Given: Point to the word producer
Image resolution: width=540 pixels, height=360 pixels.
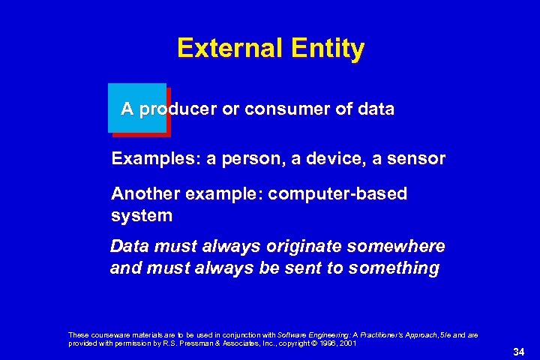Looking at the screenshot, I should (178, 109).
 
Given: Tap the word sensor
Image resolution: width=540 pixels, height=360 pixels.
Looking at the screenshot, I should (416, 159).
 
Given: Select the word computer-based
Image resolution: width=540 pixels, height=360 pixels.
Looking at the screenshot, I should (337, 194).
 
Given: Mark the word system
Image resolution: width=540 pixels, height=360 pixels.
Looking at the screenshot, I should (142, 216).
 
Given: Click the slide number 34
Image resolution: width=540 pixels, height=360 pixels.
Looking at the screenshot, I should (518, 351).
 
